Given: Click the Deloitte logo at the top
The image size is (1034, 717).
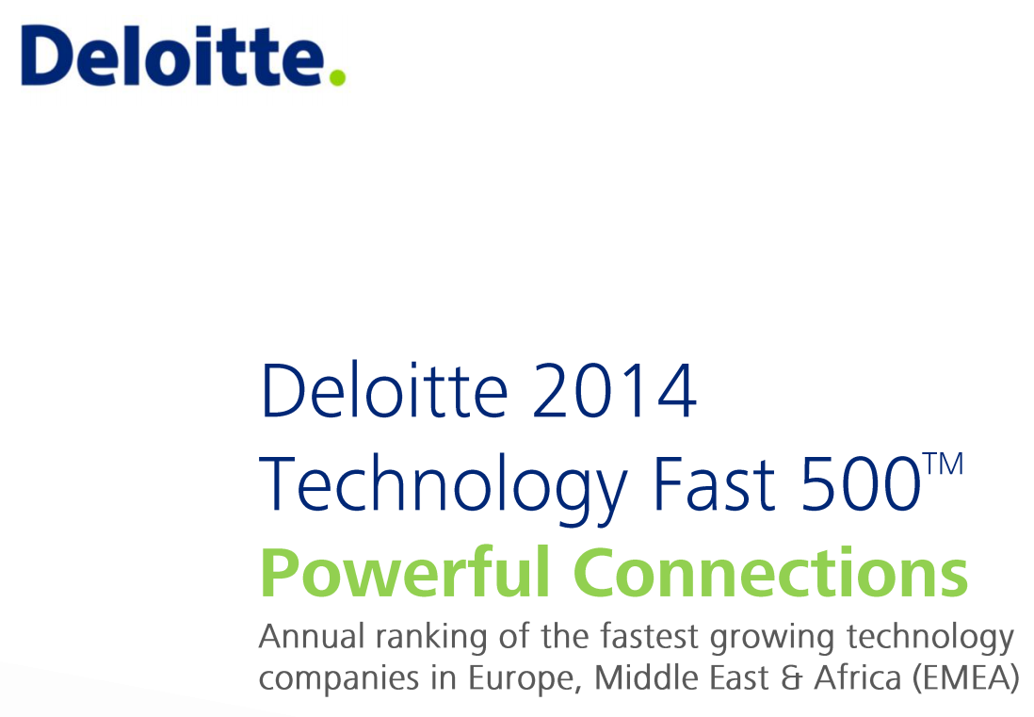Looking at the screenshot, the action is click(x=184, y=56).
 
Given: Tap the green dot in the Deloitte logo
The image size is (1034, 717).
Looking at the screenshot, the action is click(x=337, y=78).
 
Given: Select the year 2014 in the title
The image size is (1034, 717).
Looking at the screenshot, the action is click(x=613, y=391).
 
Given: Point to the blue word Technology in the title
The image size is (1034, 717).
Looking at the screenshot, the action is click(x=443, y=487).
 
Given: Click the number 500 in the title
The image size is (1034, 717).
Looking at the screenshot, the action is click(x=861, y=484).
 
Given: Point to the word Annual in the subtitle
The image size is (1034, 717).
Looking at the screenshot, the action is click(x=312, y=637).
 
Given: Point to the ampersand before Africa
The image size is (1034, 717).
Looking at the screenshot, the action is click(x=791, y=678).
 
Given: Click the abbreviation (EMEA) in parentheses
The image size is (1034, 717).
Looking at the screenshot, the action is click(x=966, y=678).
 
